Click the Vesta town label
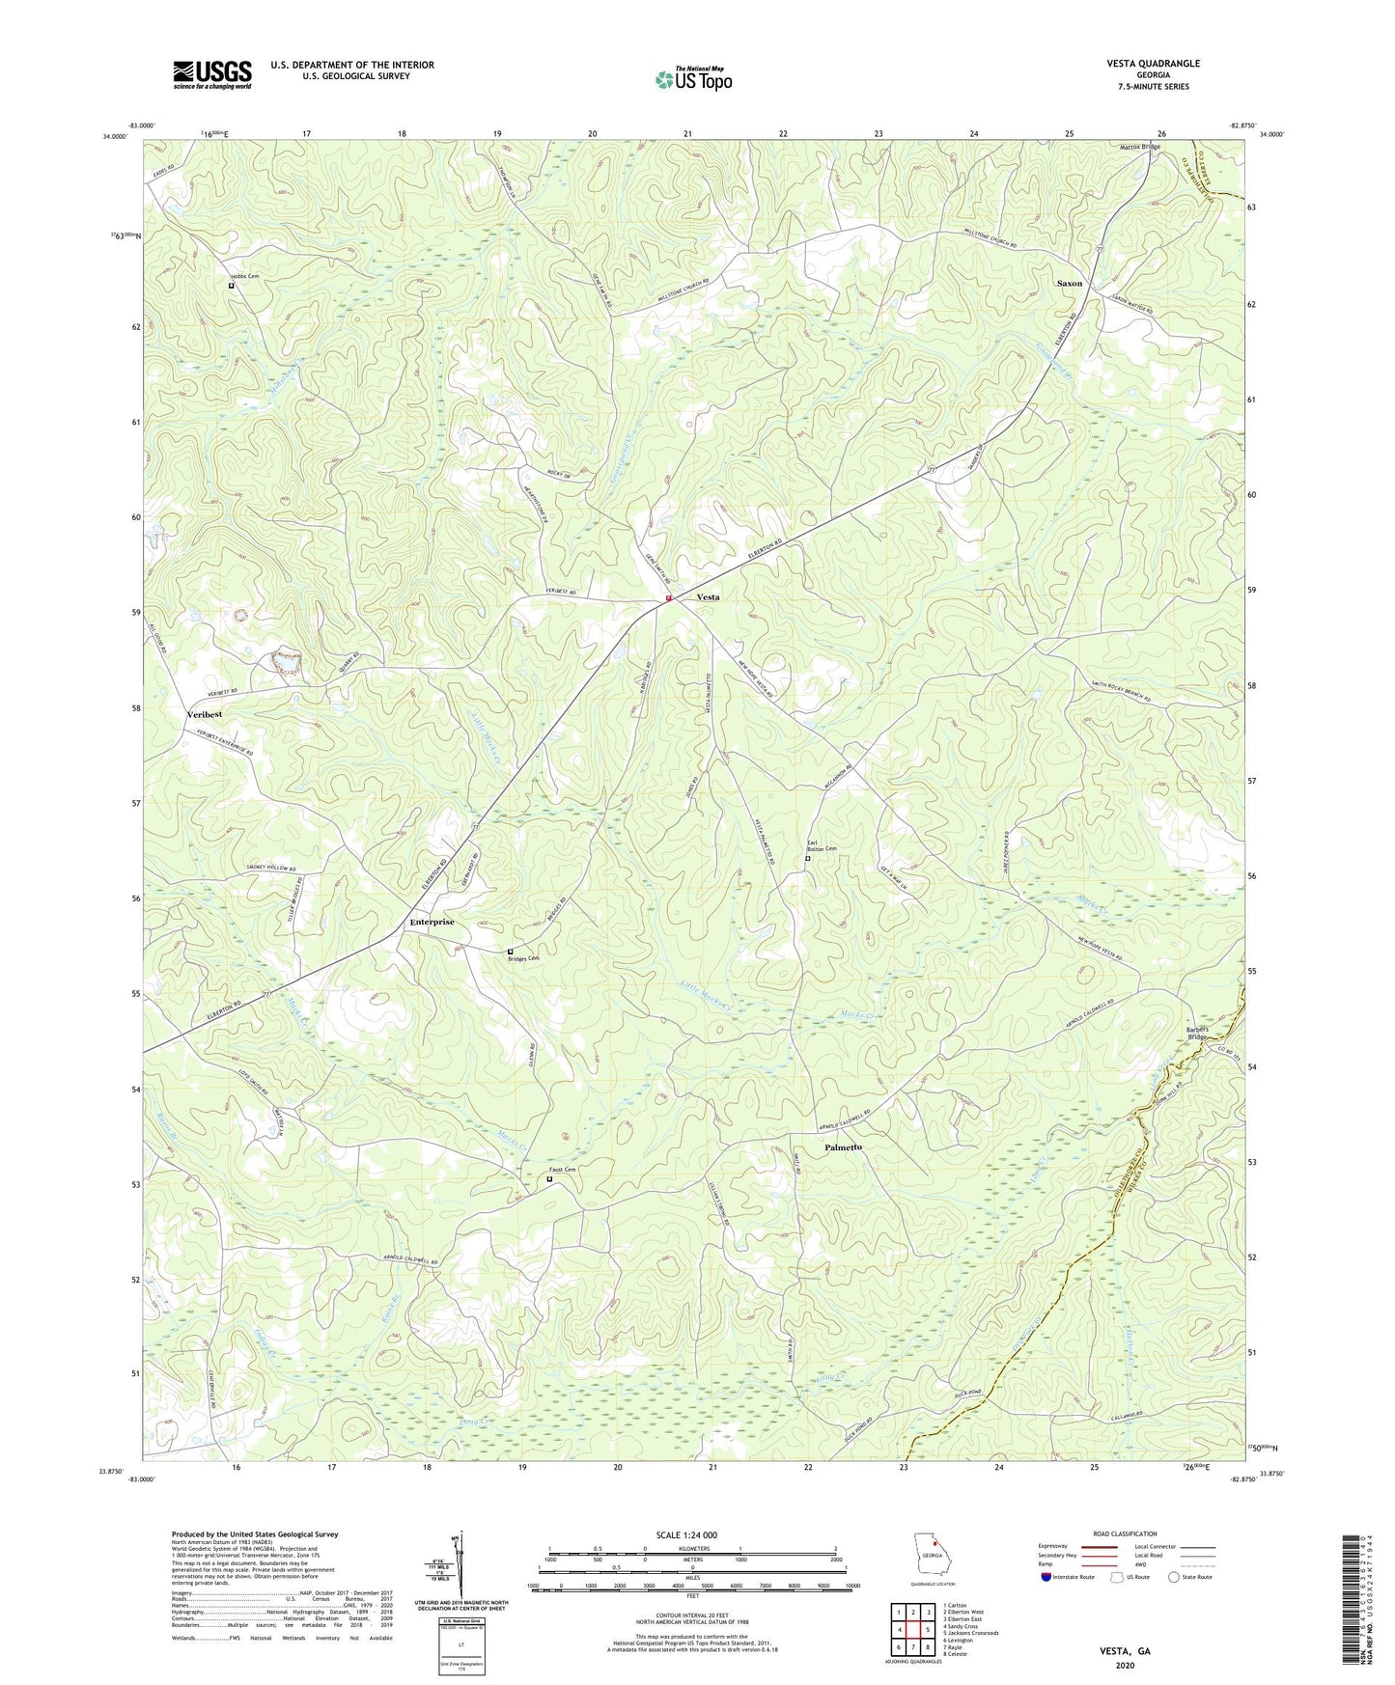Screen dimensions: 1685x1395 pyautogui.click(x=708, y=597)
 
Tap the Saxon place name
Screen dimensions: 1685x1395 pyautogui.click(x=1069, y=284)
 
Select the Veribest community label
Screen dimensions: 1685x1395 pyautogui.click(x=204, y=714)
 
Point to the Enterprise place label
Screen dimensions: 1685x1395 pyautogui.click(x=432, y=922)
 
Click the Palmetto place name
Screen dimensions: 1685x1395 pyautogui.click(x=843, y=1147)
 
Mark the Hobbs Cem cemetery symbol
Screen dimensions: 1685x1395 pyautogui.click(x=231, y=286)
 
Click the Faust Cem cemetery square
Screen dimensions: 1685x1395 pyautogui.click(x=550, y=1178)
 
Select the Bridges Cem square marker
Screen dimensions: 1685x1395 pyautogui.click(x=510, y=952)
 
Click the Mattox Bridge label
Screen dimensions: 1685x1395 pyautogui.click(x=1139, y=147)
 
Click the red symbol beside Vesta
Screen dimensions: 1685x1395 pyautogui.click(x=668, y=598)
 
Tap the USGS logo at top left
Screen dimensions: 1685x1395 pyautogui.click(x=212, y=74)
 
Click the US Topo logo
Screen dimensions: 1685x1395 pyautogui.click(x=692, y=79)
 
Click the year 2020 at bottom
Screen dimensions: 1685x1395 pyautogui.click(x=1125, y=1665)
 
